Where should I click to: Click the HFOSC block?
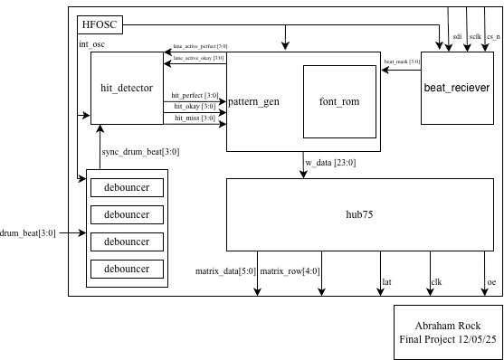click(99, 24)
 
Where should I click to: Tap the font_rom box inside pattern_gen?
click(339, 101)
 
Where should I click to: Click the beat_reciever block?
click(457, 87)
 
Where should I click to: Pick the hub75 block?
click(361, 213)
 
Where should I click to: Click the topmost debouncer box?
click(127, 187)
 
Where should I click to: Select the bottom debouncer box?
click(127, 269)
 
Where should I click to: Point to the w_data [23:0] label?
click(331, 163)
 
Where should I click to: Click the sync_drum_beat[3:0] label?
click(140, 152)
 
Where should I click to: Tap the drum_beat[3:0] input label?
click(28, 232)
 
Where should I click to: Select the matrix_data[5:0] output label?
click(226, 270)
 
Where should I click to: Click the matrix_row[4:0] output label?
click(290, 270)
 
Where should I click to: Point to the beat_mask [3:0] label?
click(401, 62)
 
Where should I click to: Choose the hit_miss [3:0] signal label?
click(193, 118)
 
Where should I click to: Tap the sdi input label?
click(457, 38)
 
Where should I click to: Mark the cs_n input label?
click(493, 38)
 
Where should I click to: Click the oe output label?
click(491, 282)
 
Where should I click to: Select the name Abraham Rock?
click(447, 326)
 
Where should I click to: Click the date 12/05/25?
click(472, 339)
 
